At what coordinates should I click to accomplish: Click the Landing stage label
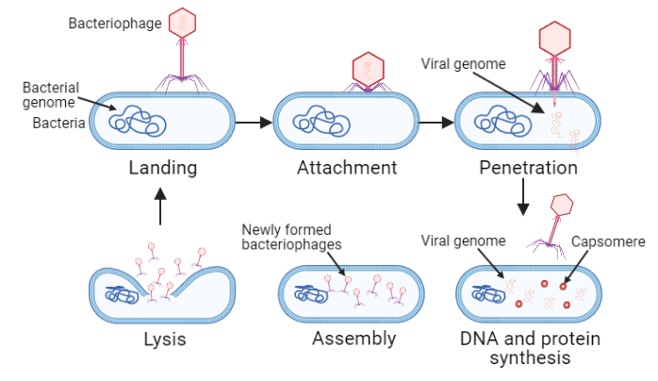click(163, 169)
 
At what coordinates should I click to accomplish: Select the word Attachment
click(346, 169)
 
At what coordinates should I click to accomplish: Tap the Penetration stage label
click(527, 169)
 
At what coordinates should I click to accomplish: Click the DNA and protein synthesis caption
click(530, 348)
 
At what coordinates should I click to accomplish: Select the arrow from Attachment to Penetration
click(436, 122)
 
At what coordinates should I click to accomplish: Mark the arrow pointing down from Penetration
click(522, 197)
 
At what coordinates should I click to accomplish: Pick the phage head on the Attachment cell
click(368, 69)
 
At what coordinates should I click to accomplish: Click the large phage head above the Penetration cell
click(553, 39)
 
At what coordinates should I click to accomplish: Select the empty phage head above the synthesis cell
click(562, 205)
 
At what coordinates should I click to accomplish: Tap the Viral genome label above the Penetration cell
click(463, 64)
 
